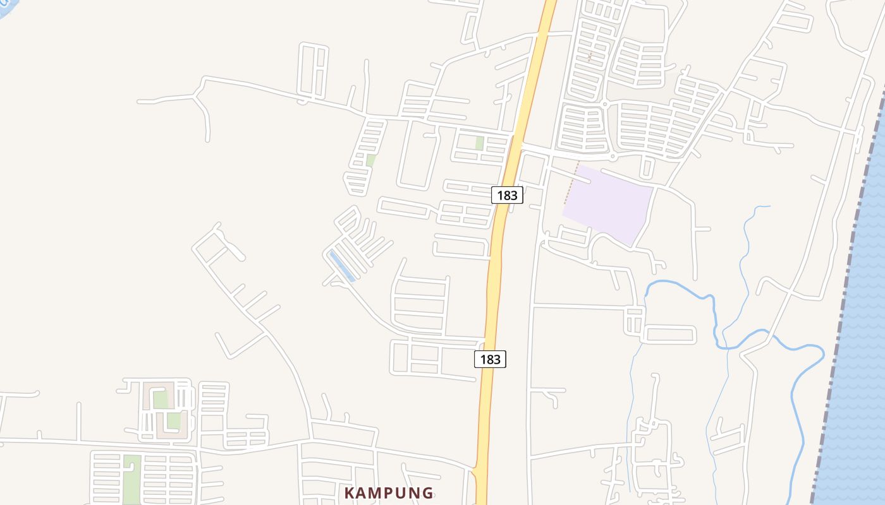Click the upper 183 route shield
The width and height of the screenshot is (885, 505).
pos(507,195)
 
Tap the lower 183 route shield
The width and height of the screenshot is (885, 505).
pos(490,359)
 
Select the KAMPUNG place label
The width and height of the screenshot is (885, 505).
pos(389,493)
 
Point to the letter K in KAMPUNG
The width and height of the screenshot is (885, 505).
pos(350,493)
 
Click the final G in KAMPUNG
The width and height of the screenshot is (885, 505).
pos(427,493)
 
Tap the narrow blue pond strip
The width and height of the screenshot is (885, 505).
pos(341,266)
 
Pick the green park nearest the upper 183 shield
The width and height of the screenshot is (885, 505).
pos(479,143)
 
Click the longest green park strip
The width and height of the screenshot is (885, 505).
pos(131,480)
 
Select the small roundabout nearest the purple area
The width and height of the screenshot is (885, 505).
pos(612,156)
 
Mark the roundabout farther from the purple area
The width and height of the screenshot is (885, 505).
pos(604,104)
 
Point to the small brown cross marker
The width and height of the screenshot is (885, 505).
pos(590,57)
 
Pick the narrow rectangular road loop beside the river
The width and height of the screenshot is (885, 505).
pos(669,334)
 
